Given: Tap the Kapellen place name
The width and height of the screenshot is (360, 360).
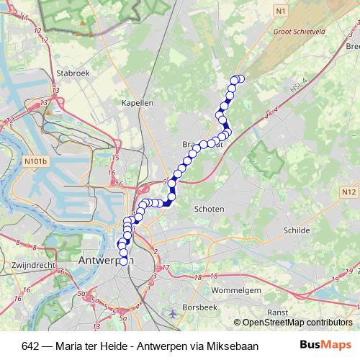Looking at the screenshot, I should point(138,103).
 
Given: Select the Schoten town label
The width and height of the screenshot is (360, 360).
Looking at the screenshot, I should point(210,208).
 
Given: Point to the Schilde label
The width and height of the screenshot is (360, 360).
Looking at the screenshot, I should point(297,230).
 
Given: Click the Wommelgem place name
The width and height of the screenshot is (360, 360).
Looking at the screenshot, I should point(236,289).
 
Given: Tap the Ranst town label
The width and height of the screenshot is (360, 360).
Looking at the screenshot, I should point(277,313).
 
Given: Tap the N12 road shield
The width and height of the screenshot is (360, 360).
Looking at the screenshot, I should point(350,192).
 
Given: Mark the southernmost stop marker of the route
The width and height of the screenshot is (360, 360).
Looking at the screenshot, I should point(123,261).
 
